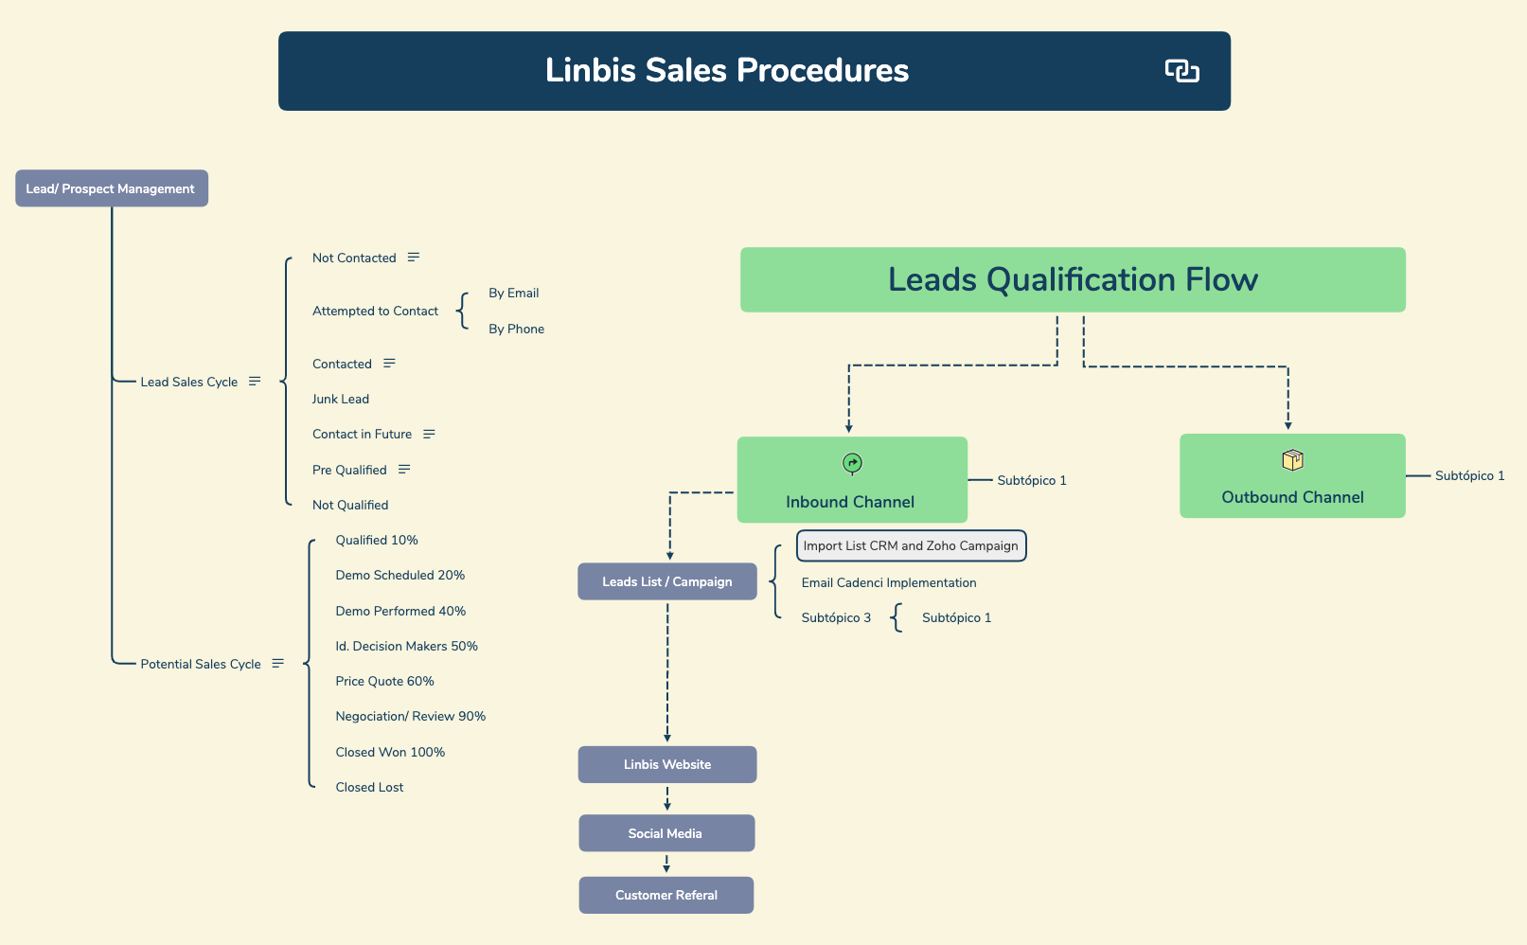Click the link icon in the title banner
(x=1181, y=71)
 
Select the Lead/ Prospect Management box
(x=111, y=188)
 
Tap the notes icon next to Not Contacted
(x=414, y=258)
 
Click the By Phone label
(x=516, y=329)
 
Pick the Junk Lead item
(x=341, y=399)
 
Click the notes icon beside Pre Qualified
(x=404, y=470)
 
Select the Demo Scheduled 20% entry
(x=400, y=575)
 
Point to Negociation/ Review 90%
(x=410, y=716)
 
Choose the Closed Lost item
(x=369, y=787)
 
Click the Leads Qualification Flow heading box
(x=1073, y=279)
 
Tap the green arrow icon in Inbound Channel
(x=852, y=463)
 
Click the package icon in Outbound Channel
(x=1292, y=460)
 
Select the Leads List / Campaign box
(x=666, y=581)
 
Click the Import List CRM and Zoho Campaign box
(x=911, y=545)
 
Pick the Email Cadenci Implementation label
(x=888, y=582)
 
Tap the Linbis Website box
(x=666, y=764)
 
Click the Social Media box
(x=666, y=833)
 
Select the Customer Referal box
(x=666, y=895)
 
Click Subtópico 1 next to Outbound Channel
(x=1469, y=475)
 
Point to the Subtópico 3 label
(x=836, y=617)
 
